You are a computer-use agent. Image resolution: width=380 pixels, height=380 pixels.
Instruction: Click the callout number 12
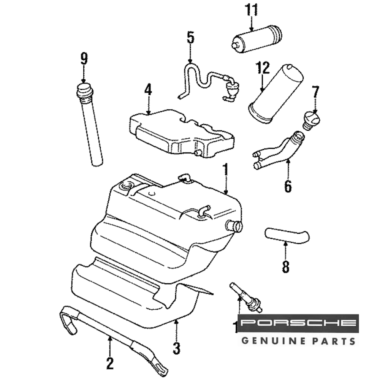point(262,68)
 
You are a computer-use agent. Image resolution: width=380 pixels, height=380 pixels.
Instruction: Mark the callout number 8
point(285,266)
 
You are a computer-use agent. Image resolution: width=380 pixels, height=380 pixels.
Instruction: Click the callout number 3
point(176,347)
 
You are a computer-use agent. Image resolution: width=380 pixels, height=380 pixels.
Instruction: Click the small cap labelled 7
point(311,119)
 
